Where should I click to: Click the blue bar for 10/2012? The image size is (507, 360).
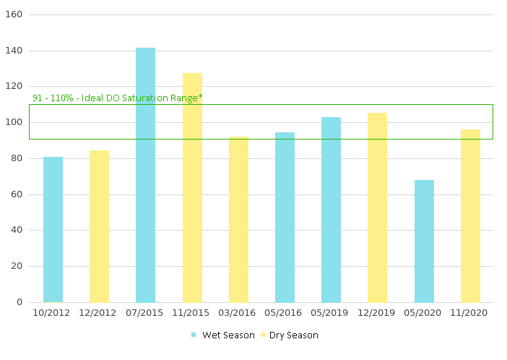pos(53,229)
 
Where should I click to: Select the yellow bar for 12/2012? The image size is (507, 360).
pos(99,226)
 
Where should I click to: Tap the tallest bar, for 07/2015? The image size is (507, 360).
pos(145,175)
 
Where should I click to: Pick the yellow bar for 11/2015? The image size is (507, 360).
pos(192,187)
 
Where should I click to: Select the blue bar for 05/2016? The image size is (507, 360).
pos(285,217)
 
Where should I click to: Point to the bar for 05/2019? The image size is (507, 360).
pos(331,210)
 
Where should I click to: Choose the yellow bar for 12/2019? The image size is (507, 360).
pos(377,207)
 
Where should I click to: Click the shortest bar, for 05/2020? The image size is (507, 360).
pos(424,241)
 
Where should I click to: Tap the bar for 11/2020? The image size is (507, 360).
pos(470,215)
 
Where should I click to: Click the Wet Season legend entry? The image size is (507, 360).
pos(222,335)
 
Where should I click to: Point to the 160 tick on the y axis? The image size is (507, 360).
pos(14,14)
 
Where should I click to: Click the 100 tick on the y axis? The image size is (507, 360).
pos(14,122)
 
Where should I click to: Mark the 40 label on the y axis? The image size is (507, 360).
pos(17,230)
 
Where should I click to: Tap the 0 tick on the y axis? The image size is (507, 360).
pos(19,302)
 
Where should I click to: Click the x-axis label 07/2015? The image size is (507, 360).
pos(145,313)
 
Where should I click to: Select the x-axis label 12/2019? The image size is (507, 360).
pos(377,313)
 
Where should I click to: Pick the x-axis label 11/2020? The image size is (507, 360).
pos(470,313)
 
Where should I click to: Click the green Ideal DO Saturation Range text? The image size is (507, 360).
pos(117,98)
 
